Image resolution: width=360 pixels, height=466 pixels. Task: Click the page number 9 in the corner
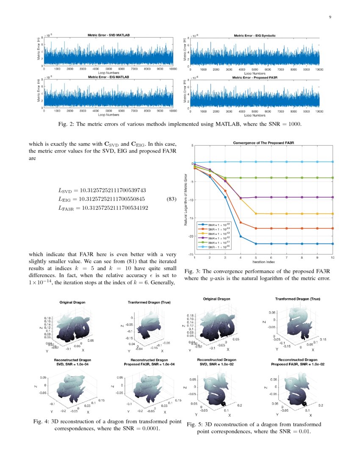click(330, 17)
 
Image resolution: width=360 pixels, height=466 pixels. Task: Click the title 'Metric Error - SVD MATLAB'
click(108, 36)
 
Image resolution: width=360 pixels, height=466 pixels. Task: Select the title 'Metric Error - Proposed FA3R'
click(255, 78)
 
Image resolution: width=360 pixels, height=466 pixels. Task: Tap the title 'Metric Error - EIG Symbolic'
click(255, 36)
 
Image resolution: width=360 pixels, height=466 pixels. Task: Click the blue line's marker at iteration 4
click(241, 236)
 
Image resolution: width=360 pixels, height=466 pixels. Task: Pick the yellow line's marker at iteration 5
click(256, 214)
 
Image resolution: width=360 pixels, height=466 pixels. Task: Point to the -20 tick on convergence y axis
click(191, 236)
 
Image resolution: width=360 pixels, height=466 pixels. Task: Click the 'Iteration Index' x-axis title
click(263, 262)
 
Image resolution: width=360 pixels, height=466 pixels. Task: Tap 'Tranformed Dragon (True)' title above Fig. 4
click(147, 302)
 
